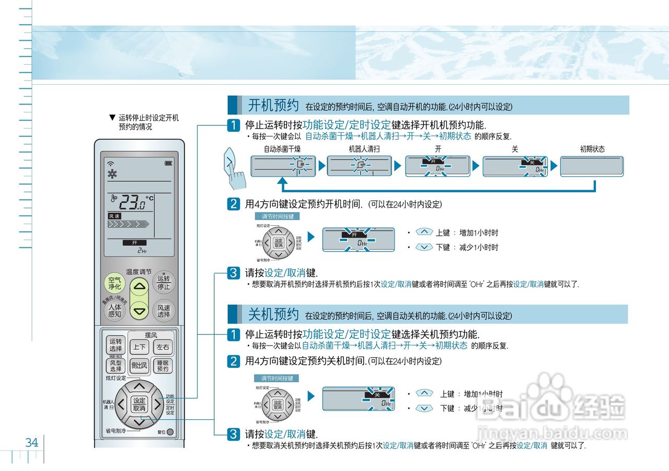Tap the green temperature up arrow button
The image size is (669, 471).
pos(140,285)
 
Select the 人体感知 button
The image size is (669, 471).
pos(114,311)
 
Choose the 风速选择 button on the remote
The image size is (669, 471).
pos(164,311)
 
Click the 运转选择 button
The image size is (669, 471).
pos(116,345)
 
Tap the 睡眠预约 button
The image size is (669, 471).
pos(163,365)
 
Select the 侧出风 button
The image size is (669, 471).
pos(140,365)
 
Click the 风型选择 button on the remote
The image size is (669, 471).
pos(116,365)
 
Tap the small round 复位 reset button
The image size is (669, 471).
pos(170,432)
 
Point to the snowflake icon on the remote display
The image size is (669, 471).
pos(111,175)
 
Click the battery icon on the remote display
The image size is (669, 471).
pos(168,163)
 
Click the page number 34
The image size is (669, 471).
pos(32,443)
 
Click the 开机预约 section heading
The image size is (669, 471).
pos(273,106)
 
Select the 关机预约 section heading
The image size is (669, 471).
pos(273,315)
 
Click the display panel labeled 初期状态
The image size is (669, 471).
pos(592,166)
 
